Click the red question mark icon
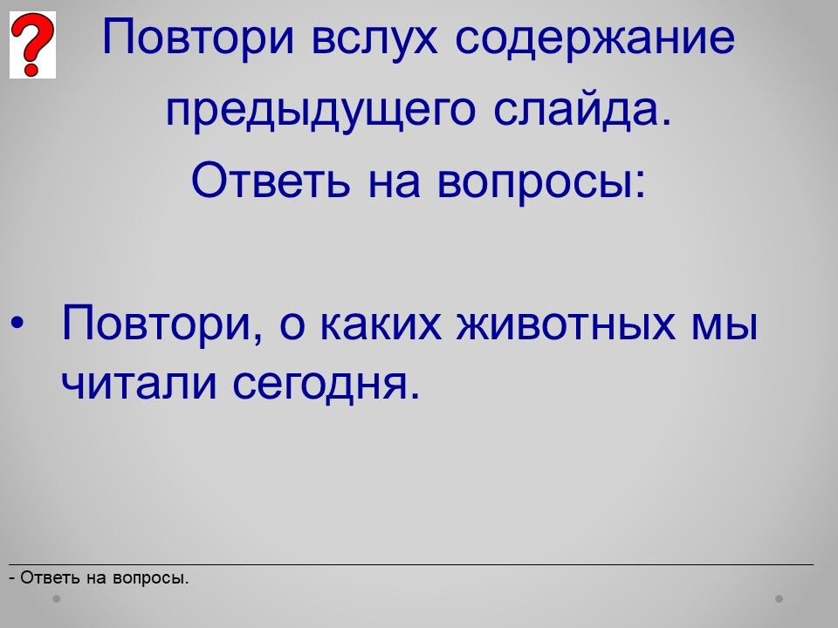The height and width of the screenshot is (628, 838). coord(32,44)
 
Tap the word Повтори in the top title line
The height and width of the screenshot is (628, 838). coord(198,38)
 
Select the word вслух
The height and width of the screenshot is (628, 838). coord(374,38)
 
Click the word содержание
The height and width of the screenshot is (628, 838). coord(595,38)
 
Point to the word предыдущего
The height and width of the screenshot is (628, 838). coord(320,111)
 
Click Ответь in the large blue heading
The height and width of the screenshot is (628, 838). coord(271,180)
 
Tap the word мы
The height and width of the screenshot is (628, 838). coord(725,324)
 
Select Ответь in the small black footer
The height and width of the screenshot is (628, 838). coord(50,577)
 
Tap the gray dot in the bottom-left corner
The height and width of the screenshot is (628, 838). coord(56,598)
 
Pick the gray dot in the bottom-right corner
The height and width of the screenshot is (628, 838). coord(780,598)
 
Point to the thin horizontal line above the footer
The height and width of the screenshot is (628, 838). coord(411,564)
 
